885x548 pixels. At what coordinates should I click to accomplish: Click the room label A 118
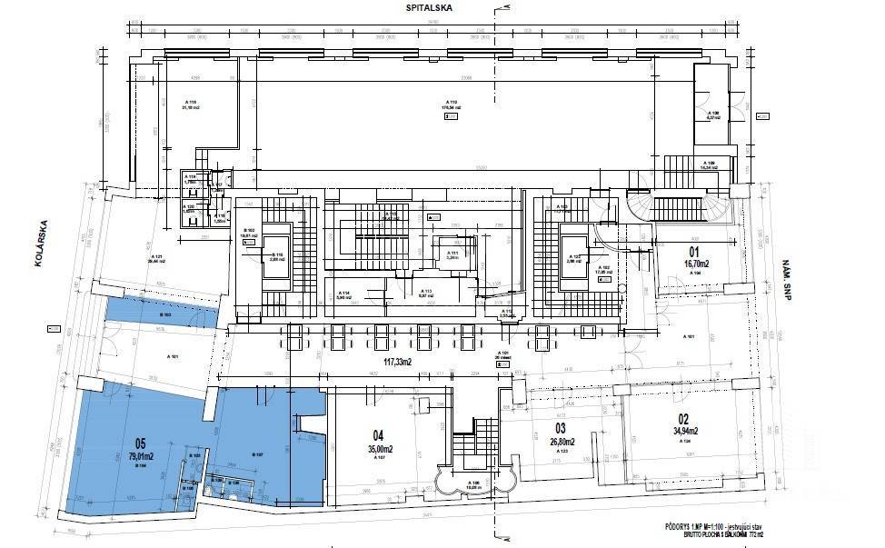(x=191, y=102)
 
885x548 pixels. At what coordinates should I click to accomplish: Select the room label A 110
(x=448, y=102)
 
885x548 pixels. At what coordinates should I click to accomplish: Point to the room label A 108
(x=714, y=113)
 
